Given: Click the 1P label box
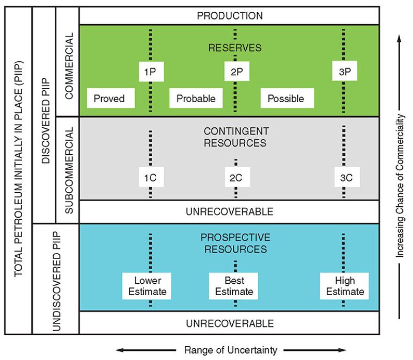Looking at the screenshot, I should point(150,72).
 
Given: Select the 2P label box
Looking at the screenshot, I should point(237,72).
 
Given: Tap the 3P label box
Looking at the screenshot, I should point(344,72).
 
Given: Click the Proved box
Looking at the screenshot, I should point(109,98).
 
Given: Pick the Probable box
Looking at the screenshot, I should point(196,98).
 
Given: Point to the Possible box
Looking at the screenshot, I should point(285,98).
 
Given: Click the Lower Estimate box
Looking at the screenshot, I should point(148,286).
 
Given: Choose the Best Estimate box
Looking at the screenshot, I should point(234,286).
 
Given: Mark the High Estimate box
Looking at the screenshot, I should point(344,286).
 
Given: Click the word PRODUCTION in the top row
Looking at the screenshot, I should point(230,15).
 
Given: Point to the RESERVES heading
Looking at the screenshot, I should point(235,47).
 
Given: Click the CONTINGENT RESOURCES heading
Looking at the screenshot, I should point(235,137).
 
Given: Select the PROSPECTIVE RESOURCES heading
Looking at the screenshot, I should point(235,243).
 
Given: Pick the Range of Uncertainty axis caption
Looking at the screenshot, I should point(230,350).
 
